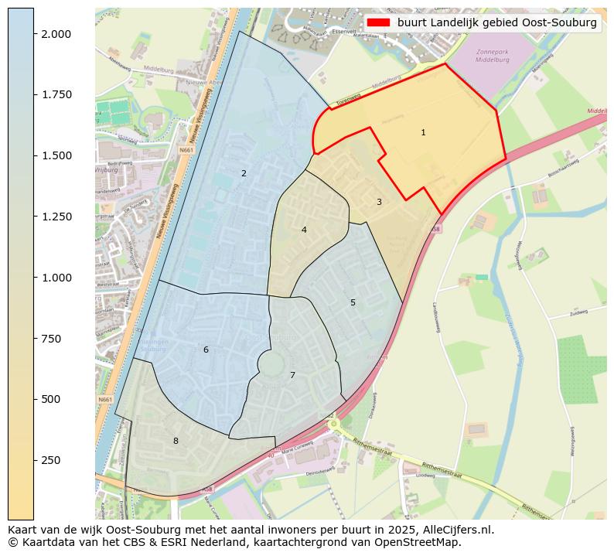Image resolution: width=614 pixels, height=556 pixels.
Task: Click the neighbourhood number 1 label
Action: click(x=423, y=133)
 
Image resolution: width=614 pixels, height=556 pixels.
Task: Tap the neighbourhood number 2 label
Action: click(x=244, y=173)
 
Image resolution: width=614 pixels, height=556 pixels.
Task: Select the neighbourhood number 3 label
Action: click(x=379, y=202)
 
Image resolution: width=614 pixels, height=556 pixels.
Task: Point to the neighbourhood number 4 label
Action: click(x=304, y=230)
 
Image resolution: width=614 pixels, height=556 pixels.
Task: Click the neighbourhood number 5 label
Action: click(x=353, y=302)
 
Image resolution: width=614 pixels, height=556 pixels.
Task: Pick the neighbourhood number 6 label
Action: click(x=206, y=350)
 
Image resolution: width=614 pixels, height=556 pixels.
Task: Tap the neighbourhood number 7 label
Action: click(x=292, y=375)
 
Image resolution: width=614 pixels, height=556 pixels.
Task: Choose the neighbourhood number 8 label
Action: click(x=176, y=441)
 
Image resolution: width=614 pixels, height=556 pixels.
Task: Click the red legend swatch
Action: click(x=378, y=22)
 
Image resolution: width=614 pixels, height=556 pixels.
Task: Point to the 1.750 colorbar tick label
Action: click(x=56, y=95)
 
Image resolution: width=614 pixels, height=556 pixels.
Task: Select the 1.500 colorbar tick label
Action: click(x=56, y=155)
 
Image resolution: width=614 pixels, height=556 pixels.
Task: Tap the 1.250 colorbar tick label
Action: click(x=56, y=217)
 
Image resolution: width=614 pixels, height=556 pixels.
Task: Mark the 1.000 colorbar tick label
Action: click(x=56, y=278)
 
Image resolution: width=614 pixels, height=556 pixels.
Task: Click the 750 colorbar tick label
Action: click(x=52, y=339)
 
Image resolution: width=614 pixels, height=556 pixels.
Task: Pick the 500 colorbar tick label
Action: click(x=52, y=399)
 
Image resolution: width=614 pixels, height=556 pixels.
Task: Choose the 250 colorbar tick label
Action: click(x=52, y=460)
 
